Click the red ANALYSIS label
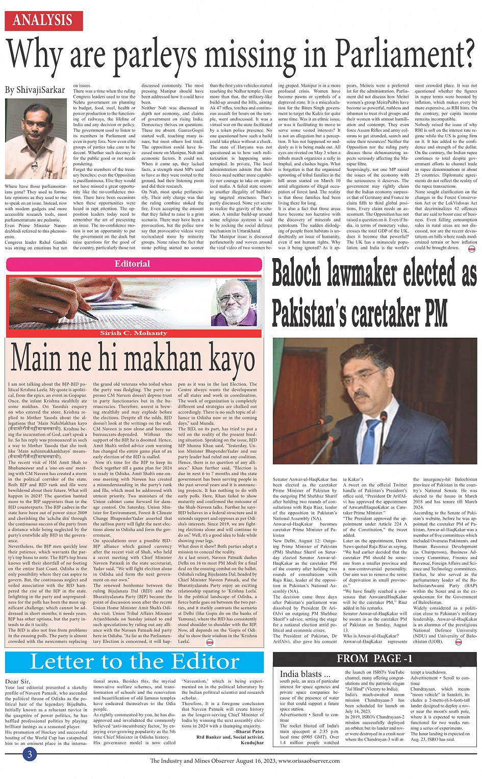point(43,20)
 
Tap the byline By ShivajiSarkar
point(35,90)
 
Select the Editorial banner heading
point(132,264)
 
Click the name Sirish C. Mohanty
point(133,333)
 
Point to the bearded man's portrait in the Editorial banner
point(237,303)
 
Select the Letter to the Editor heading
point(135,662)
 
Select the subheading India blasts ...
point(301,674)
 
